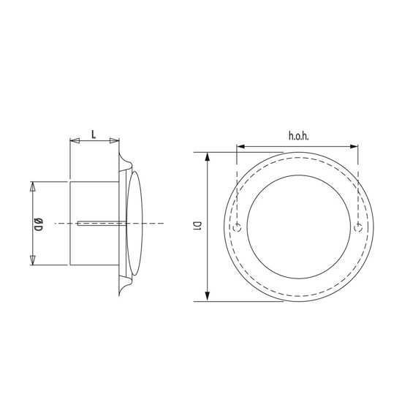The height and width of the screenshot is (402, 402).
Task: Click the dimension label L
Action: point(94,133)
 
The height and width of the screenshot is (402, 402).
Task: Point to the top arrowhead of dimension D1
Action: point(208,156)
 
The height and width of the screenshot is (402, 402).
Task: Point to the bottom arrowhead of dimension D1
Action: point(208,297)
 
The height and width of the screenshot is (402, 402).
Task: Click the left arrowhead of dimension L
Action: point(73,140)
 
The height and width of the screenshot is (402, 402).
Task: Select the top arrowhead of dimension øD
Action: point(32,186)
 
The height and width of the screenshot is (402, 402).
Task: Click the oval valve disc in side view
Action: point(134,223)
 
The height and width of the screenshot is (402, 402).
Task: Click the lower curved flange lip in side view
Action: point(124,286)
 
